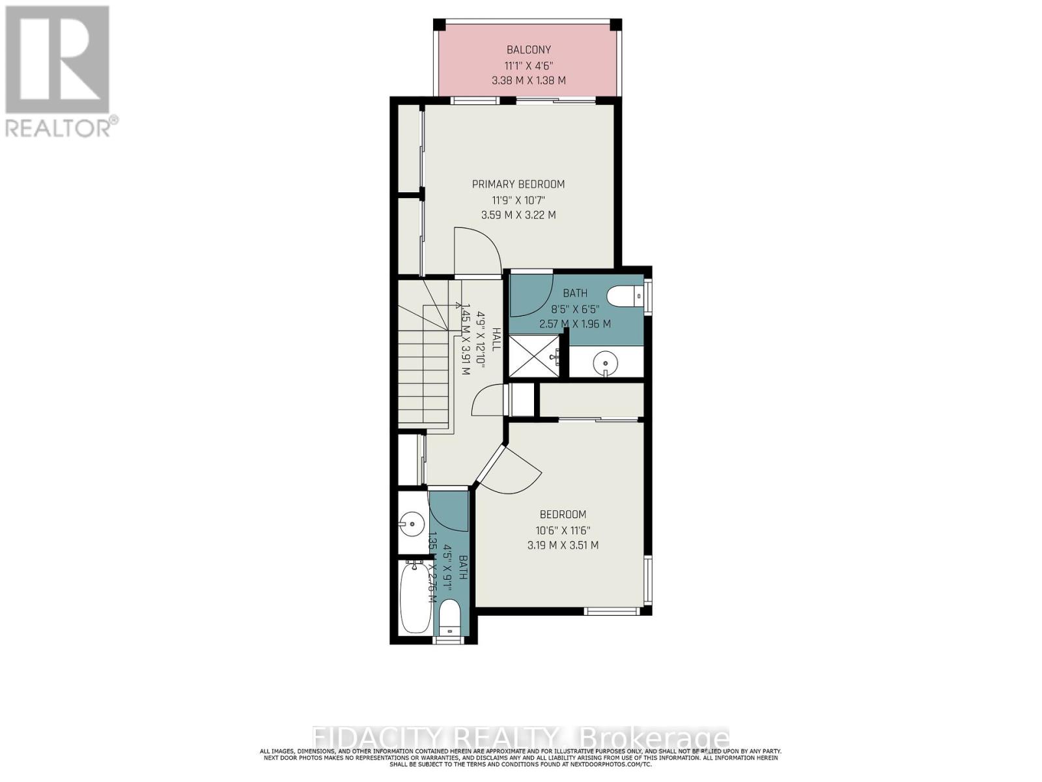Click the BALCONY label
529,50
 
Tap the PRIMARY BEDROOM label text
518,184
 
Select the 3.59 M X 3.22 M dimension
518,215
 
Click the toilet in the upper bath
625,295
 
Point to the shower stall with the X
533,356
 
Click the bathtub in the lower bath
415,596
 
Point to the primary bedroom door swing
477,251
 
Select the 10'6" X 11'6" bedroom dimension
563,530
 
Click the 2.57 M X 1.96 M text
575,324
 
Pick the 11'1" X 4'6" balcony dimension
529,65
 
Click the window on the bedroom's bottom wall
611,611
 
